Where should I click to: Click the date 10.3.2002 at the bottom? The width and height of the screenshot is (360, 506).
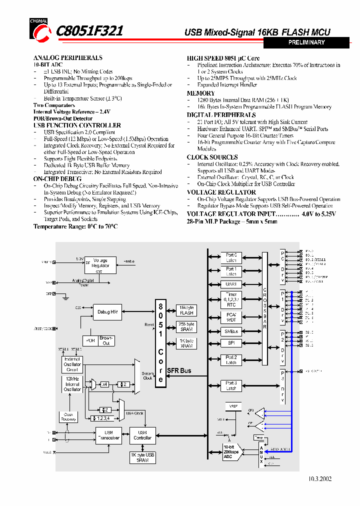319,478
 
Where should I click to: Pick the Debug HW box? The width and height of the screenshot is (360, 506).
107,312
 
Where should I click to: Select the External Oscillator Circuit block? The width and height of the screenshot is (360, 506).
72,364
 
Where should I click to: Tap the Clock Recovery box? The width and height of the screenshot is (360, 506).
68,416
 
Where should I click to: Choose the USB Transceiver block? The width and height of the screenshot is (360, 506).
108,435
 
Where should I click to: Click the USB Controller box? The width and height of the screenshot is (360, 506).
142,435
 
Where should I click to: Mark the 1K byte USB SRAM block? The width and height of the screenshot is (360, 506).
142,457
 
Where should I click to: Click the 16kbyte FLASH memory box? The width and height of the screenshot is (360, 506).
186,310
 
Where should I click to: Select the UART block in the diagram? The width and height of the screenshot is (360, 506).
231,284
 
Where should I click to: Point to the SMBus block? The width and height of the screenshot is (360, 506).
231,331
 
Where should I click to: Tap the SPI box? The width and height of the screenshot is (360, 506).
231,343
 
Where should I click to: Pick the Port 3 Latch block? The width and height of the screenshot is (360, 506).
231,385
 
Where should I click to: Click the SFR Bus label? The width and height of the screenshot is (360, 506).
179,370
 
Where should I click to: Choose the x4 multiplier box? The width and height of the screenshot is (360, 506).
104,384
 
